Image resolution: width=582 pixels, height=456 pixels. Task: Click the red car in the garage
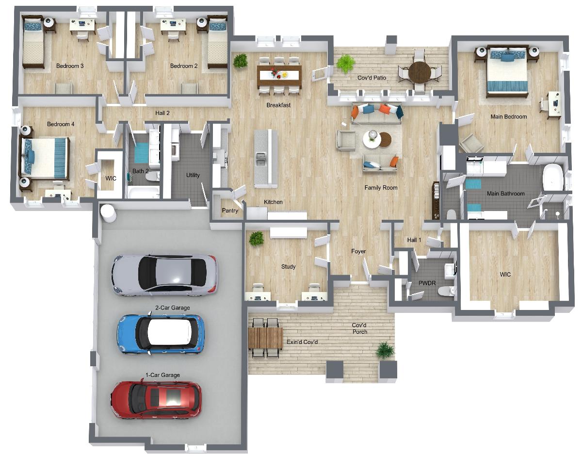pyautogui.click(x=156, y=400)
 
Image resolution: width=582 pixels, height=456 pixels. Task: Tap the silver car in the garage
pyautogui.click(x=165, y=275)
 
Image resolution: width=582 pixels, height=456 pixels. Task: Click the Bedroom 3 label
pyautogui.click(x=70, y=66)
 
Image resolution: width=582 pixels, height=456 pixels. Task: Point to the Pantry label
pyautogui.click(x=230, y=211)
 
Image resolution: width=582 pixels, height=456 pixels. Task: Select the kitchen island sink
pyautogui.click(x=260, y=159)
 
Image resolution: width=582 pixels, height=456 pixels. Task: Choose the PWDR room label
pyautogui.click(x=427, y=283)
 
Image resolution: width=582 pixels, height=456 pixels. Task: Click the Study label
pyautogui.click(x=288, y=266)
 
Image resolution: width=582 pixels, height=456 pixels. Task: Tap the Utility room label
pyautogui.click(x=193, y=175)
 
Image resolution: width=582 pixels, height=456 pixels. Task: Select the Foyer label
pyautogui.click(x=358, y=251)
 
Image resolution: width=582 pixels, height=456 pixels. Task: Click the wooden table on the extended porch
pyautogui.click(x=265, y=338)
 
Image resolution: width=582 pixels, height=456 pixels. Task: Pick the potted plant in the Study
pyautogui.click(x=256, y=239)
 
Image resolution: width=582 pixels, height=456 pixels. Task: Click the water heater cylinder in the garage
pyautogui.click(x=108, y=213)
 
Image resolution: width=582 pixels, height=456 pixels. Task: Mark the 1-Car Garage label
pyautogui.click(x=162, y=375)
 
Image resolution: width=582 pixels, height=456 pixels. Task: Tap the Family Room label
pyautogui.click(x=381, y=188)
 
